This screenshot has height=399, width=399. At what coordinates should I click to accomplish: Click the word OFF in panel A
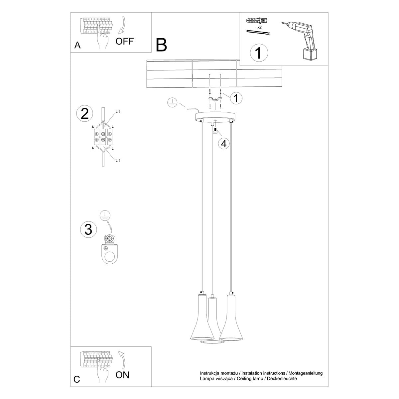(125, 41)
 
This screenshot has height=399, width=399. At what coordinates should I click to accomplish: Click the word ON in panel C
(122, 375)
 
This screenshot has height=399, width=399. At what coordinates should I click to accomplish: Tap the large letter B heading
(161, 45)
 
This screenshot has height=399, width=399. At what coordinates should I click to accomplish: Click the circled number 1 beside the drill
(258, 53)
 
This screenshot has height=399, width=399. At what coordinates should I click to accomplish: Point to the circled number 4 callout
(224, 143)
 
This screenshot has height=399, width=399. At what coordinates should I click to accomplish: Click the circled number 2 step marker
(85, 113)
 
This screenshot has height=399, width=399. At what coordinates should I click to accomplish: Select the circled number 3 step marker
(88, 229)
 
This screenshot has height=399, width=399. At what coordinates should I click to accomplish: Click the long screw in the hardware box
(258, 32)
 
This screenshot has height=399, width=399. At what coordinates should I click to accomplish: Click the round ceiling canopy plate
(215, 116)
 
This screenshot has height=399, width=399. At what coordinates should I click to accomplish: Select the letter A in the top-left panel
(77, 46)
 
